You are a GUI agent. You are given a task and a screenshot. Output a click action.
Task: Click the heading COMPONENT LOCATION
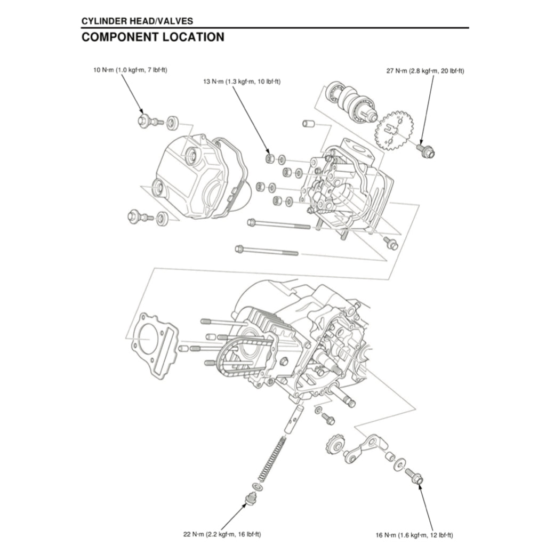click(x=152, y=37)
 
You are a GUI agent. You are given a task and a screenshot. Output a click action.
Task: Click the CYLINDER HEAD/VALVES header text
click(x=137, y=21)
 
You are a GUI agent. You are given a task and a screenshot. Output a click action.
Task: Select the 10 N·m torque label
click(x=130, y=70)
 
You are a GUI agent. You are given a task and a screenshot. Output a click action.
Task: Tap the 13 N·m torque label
click(x=242, y=82)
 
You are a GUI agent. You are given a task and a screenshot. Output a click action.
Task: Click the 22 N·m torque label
click(x=222, y=534)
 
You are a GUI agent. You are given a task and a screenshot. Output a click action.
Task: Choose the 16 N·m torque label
click(x=415, y=534)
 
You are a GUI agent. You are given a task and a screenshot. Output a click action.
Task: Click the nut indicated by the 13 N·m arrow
click(x=270, y=158)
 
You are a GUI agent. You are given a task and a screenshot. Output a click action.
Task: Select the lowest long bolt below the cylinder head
click(x=267, y=250)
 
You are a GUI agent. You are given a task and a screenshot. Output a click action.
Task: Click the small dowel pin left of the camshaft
click(x=308, y=124)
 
